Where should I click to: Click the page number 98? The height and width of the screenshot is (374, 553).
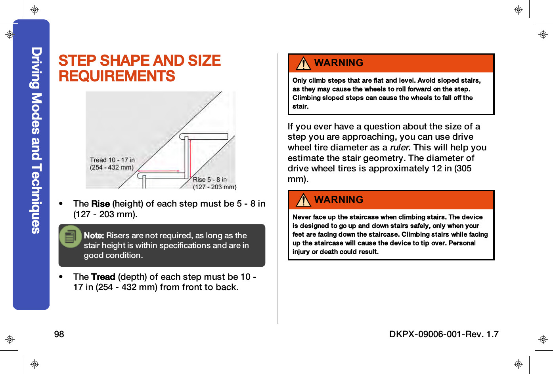pos(59,334)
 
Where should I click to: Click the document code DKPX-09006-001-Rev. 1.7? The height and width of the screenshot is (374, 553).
pos(444,334)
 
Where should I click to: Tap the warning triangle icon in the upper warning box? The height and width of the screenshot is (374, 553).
pos(304,63)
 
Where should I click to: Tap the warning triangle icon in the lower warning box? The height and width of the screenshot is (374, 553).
pos(304,200)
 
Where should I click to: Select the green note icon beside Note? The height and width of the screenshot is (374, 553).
pos(70,237)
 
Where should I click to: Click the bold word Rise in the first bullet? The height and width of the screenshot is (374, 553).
pos(100,204)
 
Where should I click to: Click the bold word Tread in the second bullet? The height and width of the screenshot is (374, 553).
pos(103,277)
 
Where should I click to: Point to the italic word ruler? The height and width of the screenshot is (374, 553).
pos(399,148)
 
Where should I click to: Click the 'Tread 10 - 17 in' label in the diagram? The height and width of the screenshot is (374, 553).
pos(112,160)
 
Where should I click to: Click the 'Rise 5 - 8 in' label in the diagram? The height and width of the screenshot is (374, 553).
pos(210,180)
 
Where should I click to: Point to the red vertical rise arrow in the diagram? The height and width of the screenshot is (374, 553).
pos(190,158)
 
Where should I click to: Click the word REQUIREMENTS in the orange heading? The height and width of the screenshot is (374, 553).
pos(117,76)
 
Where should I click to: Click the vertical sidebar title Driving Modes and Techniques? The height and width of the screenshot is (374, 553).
pos(36,140)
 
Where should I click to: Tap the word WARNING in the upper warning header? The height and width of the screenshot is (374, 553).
pos(339,63)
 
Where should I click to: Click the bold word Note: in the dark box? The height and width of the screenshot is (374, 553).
pos(94,235)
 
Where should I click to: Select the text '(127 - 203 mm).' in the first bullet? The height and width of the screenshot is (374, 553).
pos(105,215)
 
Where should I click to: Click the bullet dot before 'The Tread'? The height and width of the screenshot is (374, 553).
pos(61,277)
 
